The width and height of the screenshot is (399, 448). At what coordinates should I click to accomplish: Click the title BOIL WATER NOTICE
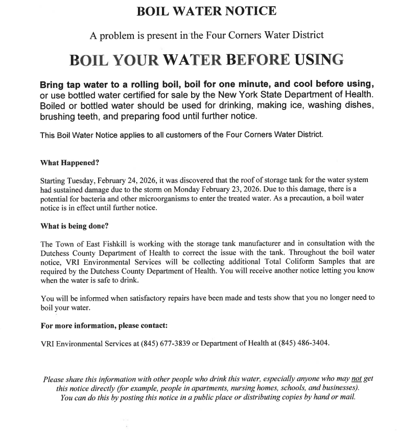(x=206, y=11)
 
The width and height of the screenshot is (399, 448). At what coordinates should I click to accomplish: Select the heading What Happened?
(x=69, y=163)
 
